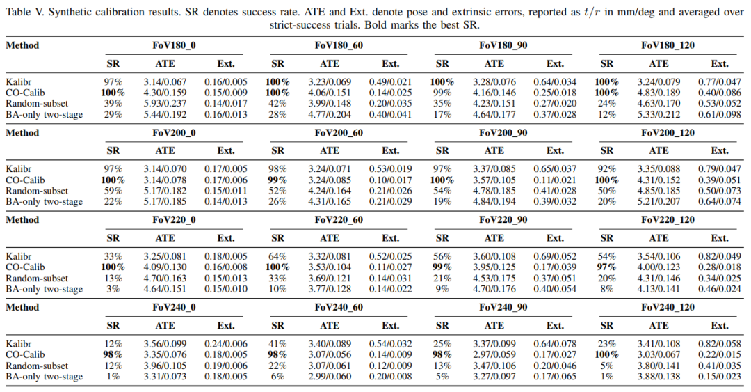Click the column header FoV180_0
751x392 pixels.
click(x=174, y=45)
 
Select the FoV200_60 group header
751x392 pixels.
click(x=339, y=133)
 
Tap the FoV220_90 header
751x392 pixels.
click(x=503, y=220)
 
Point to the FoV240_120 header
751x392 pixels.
click(x=668, y=307)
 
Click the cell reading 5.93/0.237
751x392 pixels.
click(x=165, y=104)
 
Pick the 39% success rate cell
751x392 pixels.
click(x=113, y=104)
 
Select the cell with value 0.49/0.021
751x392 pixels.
click(x=390, y=82)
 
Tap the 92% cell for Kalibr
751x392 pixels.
click(x=607, y=169)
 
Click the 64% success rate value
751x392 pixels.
click(x=277, y=257)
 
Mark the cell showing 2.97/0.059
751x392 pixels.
click(x=494, y=354)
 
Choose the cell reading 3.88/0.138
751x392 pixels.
click(x=659, y=377)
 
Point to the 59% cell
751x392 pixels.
click(x=113, y=191)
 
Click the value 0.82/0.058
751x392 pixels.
click(x=720, y=344)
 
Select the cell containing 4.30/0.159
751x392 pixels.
click(x=165, y=93)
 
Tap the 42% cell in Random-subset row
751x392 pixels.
click(x=277, y=104)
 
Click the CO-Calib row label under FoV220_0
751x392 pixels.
click(x=26, y=267)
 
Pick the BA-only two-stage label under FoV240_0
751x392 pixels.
click(x=44, y=377)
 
